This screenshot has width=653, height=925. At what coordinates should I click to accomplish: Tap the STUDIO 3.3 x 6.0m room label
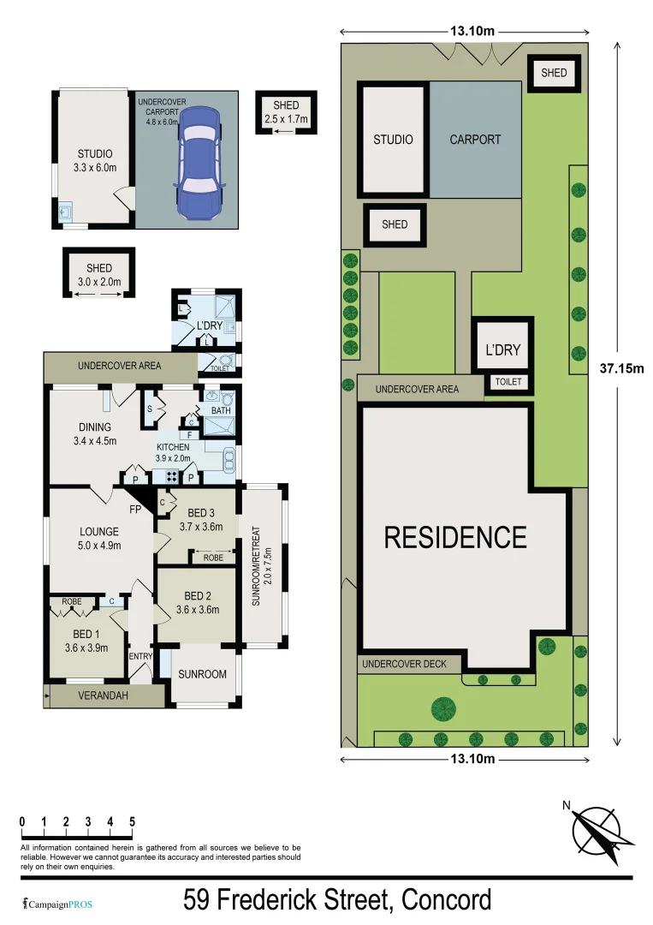94,161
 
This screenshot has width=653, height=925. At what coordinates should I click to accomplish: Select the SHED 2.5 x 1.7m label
286,112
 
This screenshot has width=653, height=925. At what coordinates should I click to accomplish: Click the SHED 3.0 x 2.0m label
99,275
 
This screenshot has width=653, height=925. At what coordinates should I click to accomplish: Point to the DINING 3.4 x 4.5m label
94,434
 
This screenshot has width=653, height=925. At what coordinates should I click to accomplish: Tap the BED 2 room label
197,603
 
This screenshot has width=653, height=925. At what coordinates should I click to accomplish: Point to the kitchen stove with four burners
171,477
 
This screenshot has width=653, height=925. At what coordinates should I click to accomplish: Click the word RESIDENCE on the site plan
454,537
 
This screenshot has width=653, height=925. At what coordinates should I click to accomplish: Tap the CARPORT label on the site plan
475,139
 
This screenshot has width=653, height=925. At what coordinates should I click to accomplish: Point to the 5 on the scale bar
132,821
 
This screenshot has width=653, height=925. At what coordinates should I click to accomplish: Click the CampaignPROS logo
57,904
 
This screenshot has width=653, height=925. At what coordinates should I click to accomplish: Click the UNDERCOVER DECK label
409,664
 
